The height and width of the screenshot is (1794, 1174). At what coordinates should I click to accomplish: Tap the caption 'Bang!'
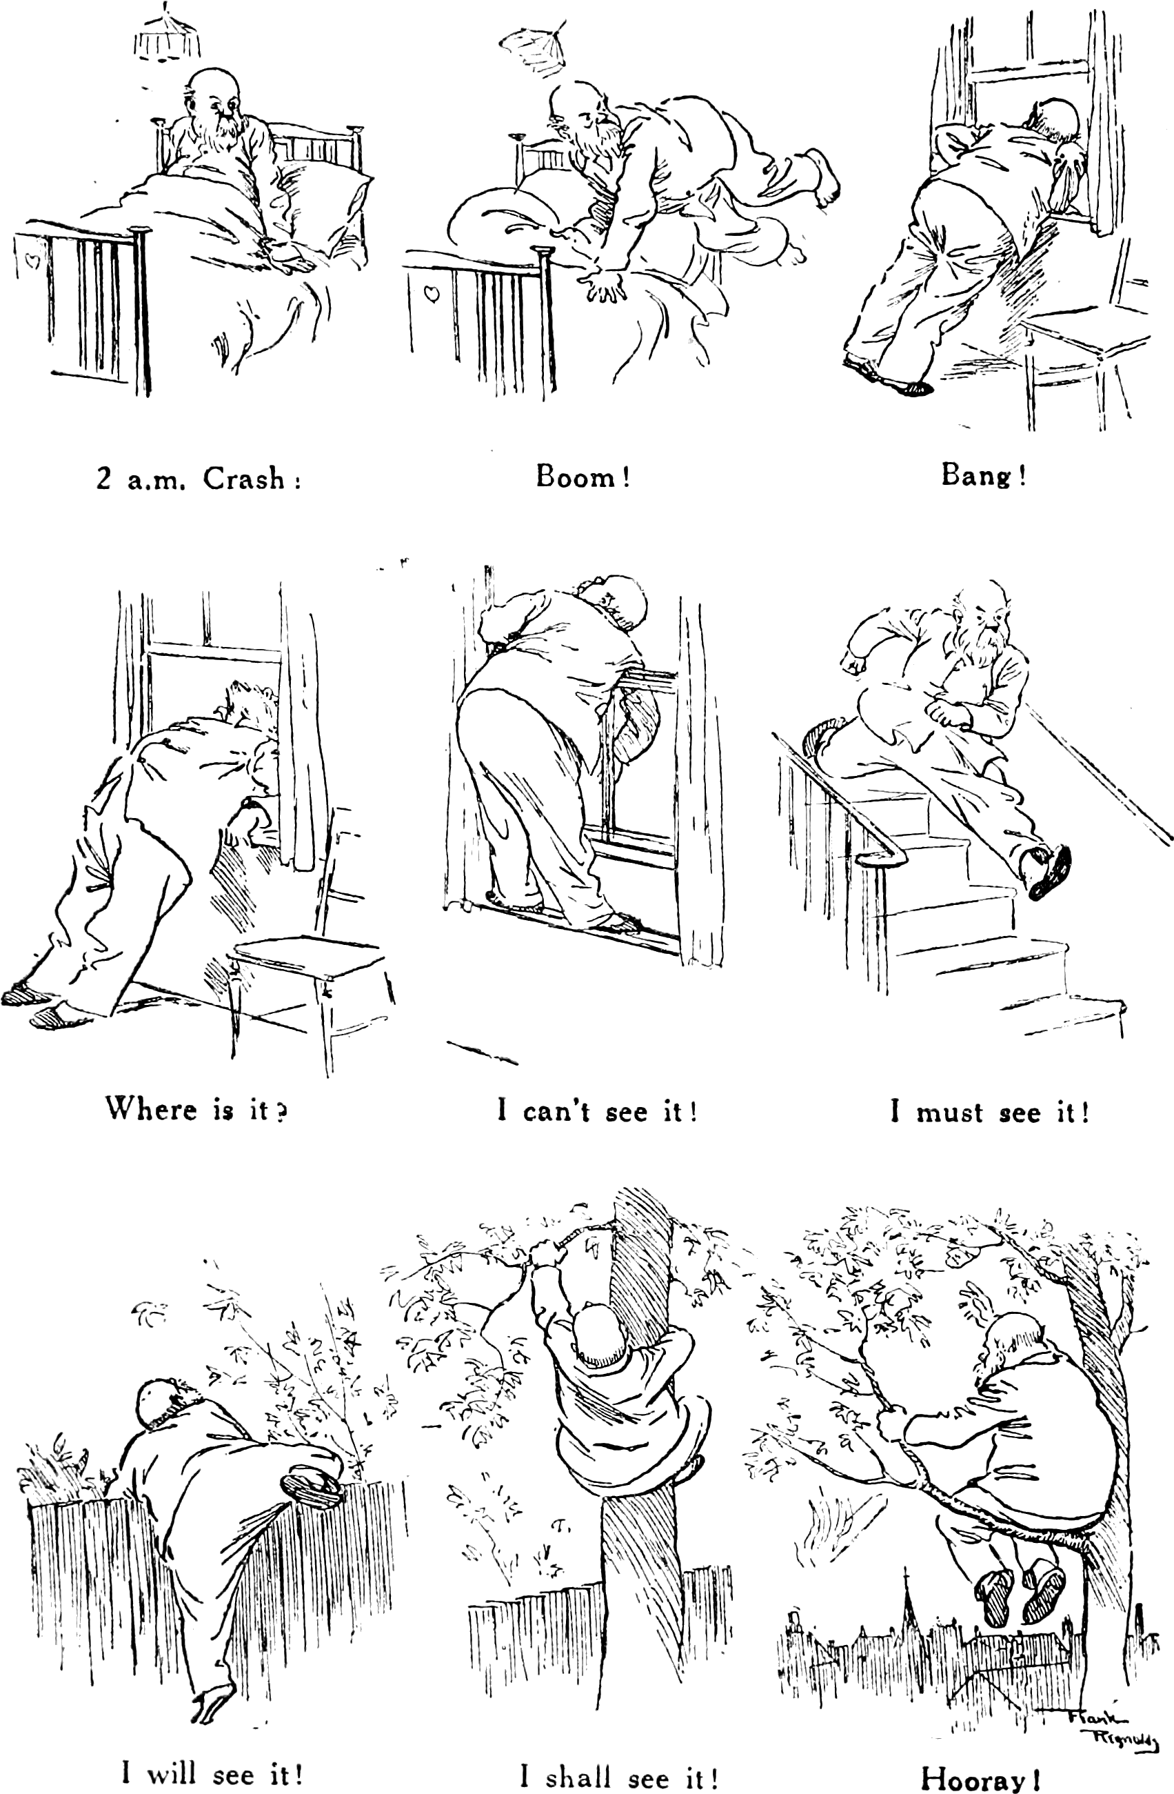983,476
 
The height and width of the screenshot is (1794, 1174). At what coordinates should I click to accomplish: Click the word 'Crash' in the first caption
244,479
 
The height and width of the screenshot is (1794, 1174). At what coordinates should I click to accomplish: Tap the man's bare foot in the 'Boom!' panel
821,176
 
